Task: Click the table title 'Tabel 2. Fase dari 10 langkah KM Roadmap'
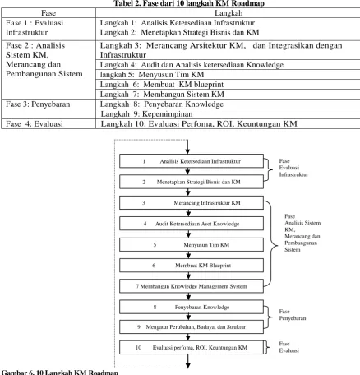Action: click(x=189, y=3)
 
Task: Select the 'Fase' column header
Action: click(x=48, y=13)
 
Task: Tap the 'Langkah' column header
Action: click(x=228, y=13)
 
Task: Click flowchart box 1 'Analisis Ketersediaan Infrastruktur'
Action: click(x=192, y=161)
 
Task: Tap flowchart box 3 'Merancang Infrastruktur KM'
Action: click(x=192, y=203)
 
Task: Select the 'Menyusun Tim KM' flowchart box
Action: click(x=192, y=244)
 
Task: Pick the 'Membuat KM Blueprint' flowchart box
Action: click(x=192, y=266)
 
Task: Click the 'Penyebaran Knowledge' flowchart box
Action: click(x=192, y=307)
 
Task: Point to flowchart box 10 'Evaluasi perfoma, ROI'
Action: click(x=192, y=348)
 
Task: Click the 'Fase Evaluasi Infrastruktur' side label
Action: click(x=293, y=168)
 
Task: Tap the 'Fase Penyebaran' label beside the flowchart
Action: click(x=293, y=315)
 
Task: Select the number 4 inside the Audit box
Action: click(x=145, y=224)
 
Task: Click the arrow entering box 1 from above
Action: click(x=187, y=147)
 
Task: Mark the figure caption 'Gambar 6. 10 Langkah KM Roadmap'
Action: click(x=60, y=373)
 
